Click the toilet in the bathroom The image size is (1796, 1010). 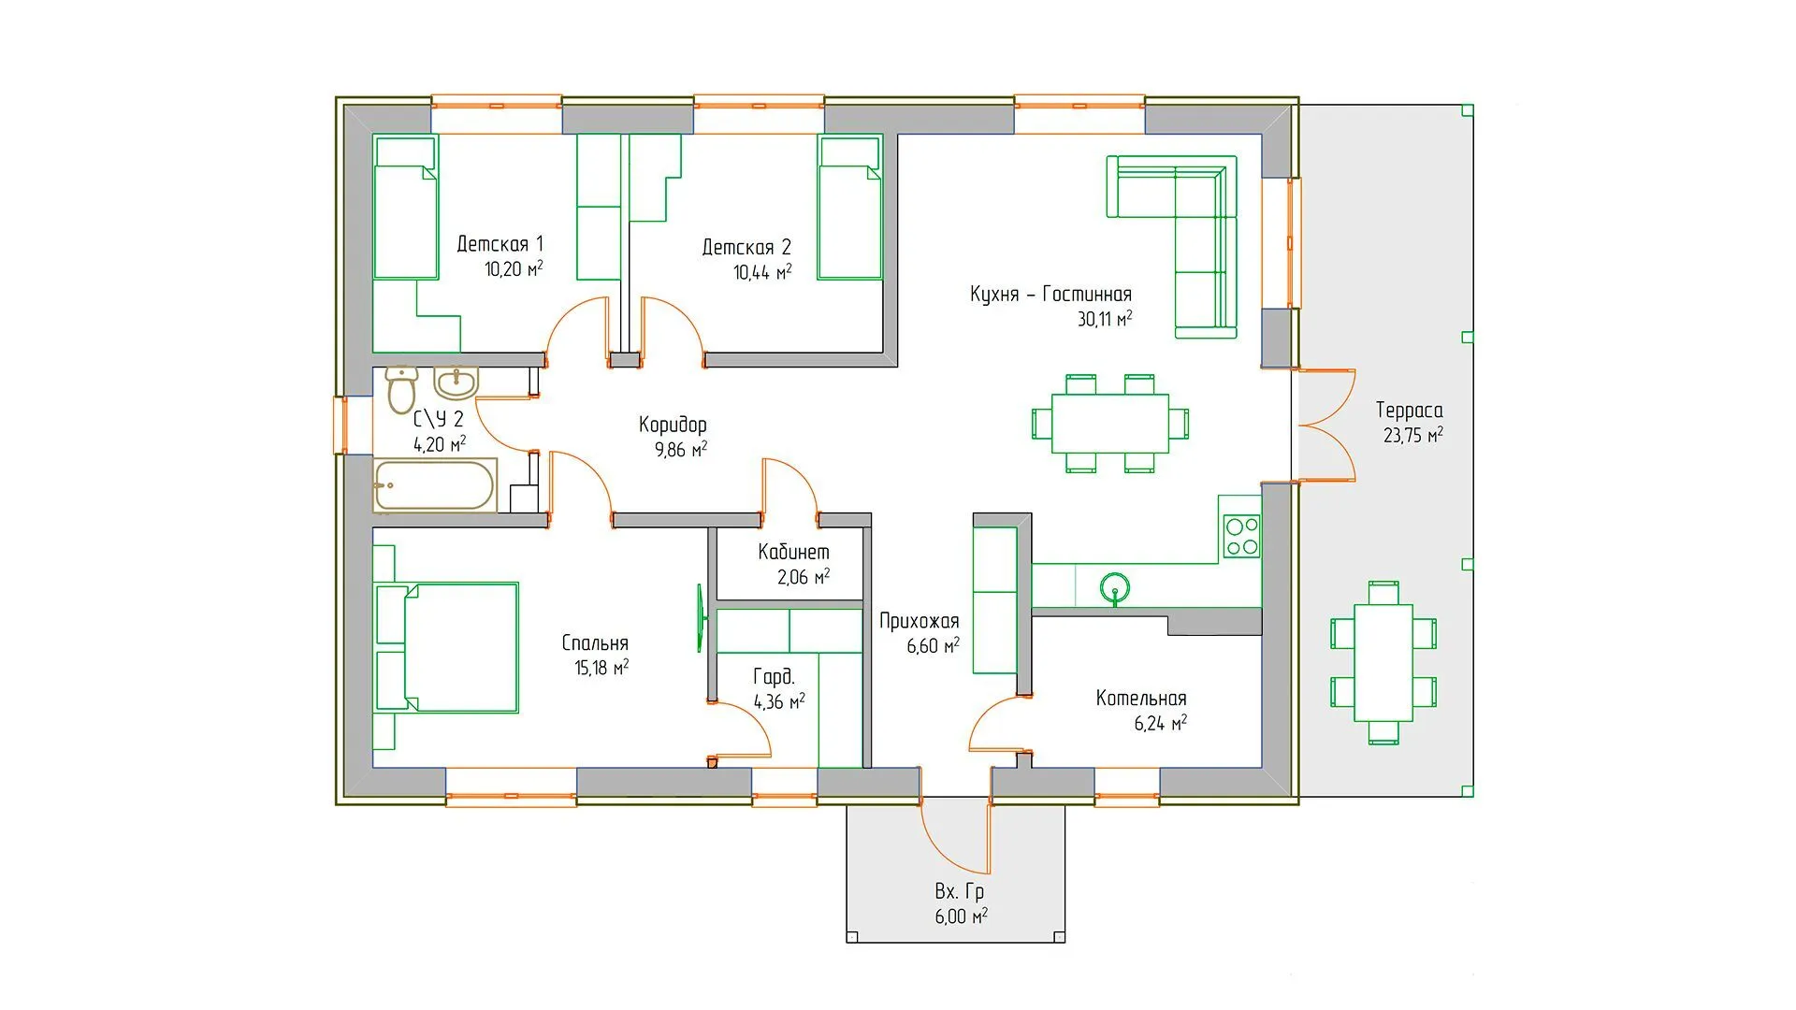coord(401,388)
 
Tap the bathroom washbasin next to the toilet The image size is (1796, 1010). coord(456,382)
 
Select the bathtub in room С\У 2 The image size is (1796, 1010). coord(435,485)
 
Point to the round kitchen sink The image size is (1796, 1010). coord(1114,588)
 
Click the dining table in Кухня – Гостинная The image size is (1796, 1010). coord(1110,424)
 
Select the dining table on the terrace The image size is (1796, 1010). coord(1383,662)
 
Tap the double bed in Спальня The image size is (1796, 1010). coord(446,647)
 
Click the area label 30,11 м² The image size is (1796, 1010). coord(1105,319)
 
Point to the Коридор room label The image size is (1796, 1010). coord(673,425)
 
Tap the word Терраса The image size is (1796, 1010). coord(1410,411)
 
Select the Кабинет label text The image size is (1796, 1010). coord(793,552)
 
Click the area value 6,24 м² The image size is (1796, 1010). coord(1161,723)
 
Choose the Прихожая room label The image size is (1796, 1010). coord(920,621)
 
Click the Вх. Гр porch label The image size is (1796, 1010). coord(960,892)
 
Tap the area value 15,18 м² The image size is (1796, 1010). coord(601,668)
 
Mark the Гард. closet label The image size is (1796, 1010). coord(774,676)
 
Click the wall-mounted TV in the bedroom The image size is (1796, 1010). coord(699,617)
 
